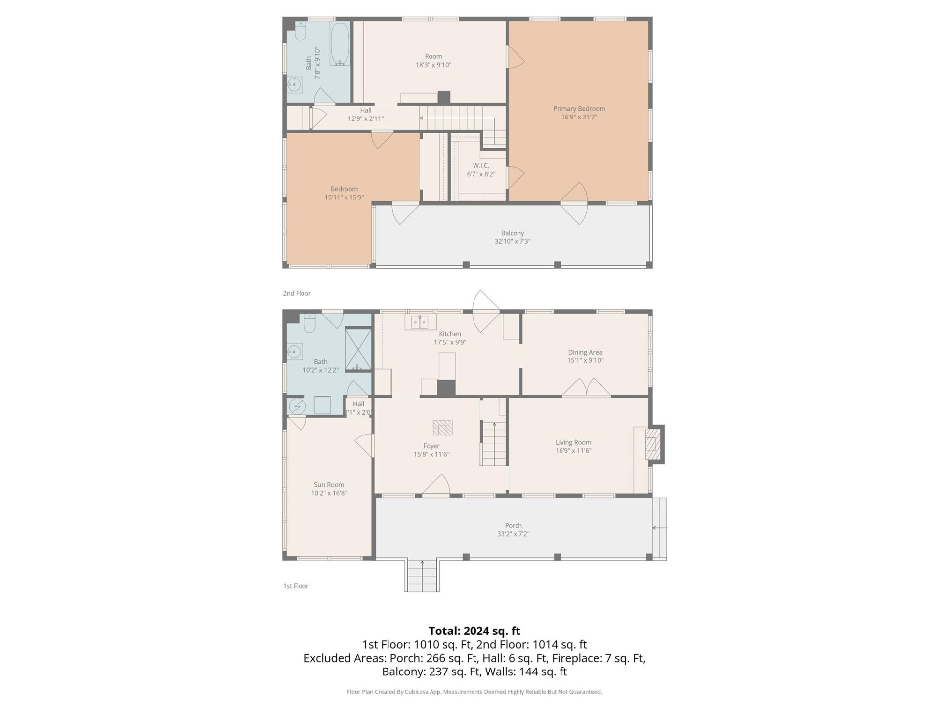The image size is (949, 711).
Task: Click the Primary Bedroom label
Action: pos(579,109)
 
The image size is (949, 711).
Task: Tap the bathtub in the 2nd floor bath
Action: pos(340,44)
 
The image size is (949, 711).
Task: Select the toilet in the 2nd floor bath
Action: pos(301,32)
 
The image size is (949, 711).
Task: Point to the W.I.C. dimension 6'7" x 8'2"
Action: pos(480,174)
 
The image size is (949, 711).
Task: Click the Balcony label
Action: pos(512,233)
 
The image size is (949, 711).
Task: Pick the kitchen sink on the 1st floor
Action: pos(420,322)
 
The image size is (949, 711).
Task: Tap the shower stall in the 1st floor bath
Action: pos(358,350)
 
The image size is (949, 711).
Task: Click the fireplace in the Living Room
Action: pos(652,444)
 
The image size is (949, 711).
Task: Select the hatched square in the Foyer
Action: pos(442,428)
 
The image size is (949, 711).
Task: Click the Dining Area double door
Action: pos(586,388)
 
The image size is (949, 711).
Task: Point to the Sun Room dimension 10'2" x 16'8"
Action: pos(329,493)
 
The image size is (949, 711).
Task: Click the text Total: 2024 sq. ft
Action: pos(474,631)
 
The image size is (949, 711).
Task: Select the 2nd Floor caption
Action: pos(297,293)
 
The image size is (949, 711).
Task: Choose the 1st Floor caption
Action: pos(296,586)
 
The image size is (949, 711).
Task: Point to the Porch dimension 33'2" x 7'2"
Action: pos(513,534)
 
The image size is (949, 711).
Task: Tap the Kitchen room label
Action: pos(450,334)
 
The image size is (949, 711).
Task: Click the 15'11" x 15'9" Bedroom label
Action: pos(344,193)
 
